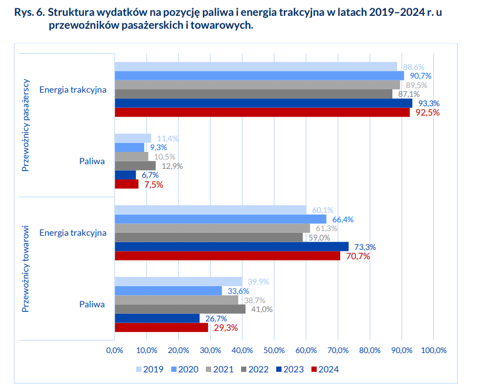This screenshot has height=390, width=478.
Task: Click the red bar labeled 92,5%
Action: pos(262,112)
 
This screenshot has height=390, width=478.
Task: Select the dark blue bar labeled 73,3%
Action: pos(231,246)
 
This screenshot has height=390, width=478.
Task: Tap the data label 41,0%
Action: pos(262,310)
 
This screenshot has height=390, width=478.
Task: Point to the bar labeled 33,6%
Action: pos(168,291)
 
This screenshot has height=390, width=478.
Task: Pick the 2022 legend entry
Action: pos(255,369)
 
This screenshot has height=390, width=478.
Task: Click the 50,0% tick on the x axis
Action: pos(274,350)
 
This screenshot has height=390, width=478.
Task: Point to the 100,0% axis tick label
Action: pos(434,350)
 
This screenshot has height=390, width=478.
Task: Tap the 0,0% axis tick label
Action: pos(114,350)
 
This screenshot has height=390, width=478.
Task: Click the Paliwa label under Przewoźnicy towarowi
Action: pos(92,304)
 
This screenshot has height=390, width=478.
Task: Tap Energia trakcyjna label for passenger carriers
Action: pos(73,90)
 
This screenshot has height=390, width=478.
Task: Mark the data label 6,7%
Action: pos(150,175)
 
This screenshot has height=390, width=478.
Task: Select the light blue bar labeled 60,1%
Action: pos(210,210)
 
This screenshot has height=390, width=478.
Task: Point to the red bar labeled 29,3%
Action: pos(161,328)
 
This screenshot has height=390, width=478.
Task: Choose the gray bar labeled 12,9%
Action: pos(135,165)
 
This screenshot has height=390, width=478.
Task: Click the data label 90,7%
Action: pos(418,76)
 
